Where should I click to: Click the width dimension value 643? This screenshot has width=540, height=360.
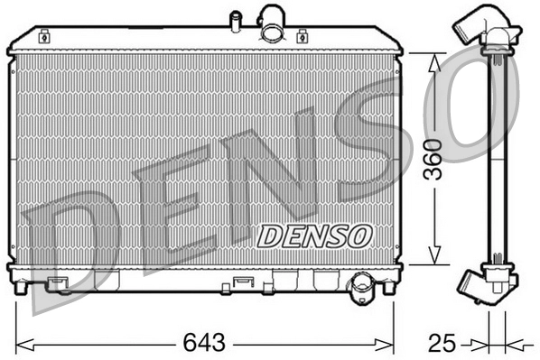204,343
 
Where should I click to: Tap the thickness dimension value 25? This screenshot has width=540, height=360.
440,343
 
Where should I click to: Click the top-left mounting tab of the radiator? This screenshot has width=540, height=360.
44,39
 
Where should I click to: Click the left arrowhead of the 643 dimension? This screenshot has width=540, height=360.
22,343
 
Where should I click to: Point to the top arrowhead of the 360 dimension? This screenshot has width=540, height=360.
435,60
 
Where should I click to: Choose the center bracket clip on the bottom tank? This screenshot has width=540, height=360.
242,282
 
